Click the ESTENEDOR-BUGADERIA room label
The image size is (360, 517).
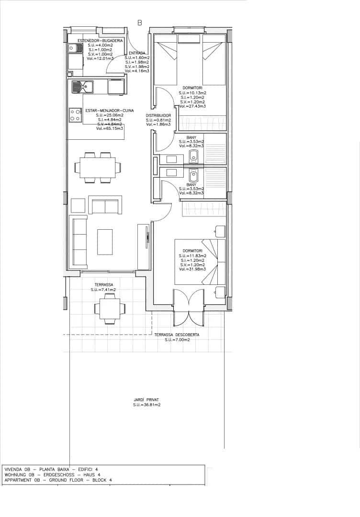coord(100,41)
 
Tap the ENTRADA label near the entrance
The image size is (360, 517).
coord(136,53)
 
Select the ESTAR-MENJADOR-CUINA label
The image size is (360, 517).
coord(110,111)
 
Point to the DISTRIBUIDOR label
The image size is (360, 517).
coord(158,115)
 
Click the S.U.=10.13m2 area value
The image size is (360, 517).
coord(192,93)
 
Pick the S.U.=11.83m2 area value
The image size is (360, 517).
coord(192,256)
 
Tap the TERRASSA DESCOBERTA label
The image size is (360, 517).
coord(177,335)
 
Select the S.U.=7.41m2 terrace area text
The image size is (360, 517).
coord(103,290)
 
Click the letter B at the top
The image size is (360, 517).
coord(140,22)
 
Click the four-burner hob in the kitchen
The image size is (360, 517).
coord(75,115)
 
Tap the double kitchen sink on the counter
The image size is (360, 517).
coord(82,87)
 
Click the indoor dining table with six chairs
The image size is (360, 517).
coord(98,168)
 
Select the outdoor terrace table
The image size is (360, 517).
coord(110,308)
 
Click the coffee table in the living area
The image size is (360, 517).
coord(105,242)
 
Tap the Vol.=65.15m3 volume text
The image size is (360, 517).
coord(110,128)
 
